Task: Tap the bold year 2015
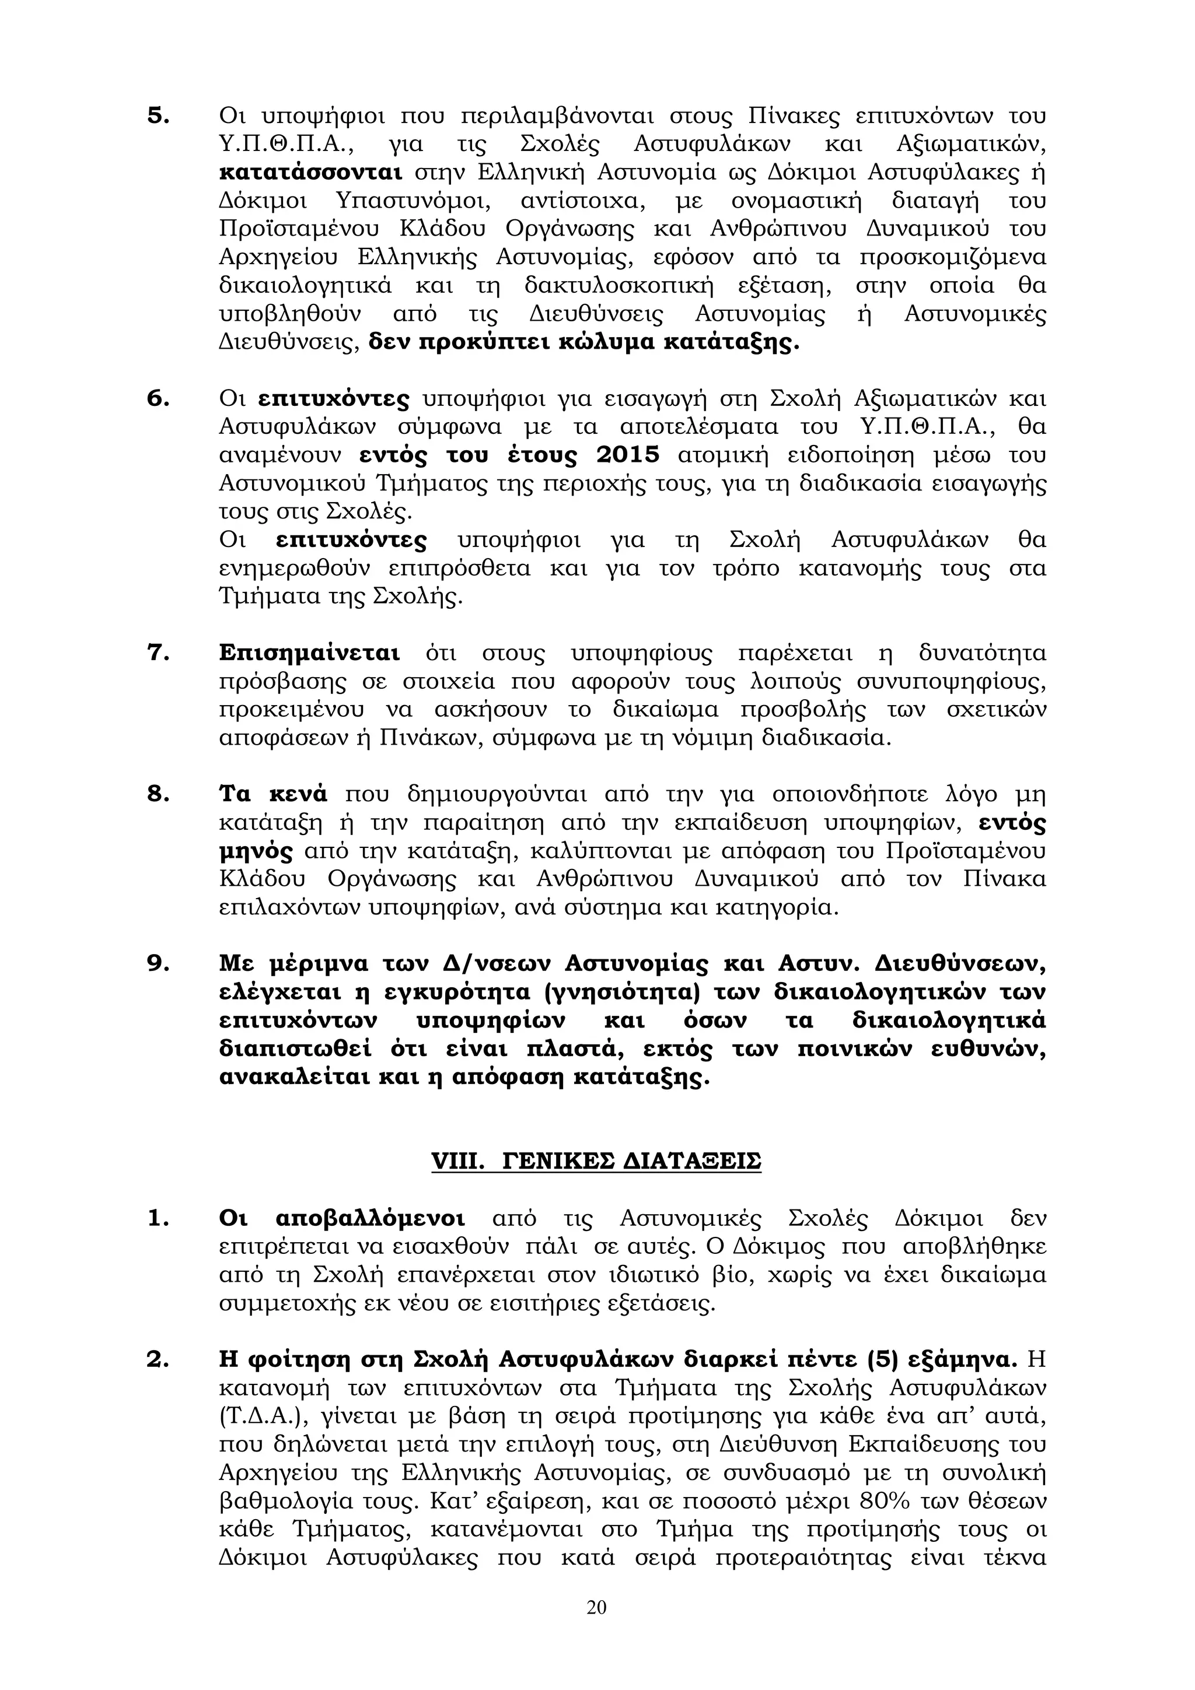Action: [x=627, y=455]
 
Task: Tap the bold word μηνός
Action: [x=256, y=851]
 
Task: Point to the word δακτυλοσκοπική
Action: [x=619, y=286]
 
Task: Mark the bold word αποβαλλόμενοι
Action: [x=371, y=1218]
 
